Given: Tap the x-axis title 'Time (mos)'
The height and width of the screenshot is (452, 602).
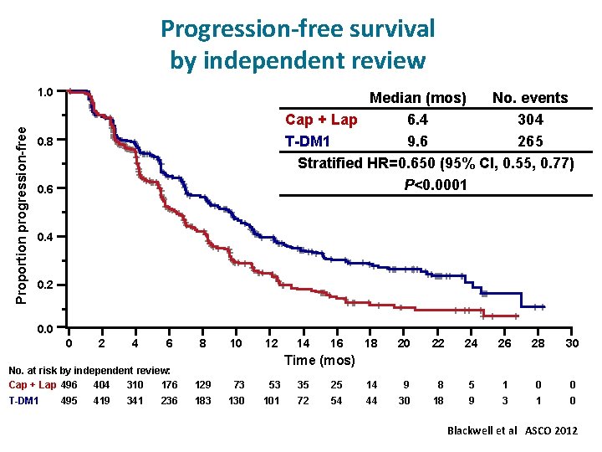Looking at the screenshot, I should [x=319, y=360].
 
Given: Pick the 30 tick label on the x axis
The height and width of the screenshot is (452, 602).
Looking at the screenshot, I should [x=572, y=343].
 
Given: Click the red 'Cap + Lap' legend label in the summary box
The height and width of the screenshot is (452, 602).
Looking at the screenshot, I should [x=321, y=120].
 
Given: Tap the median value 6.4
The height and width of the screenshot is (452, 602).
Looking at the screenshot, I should [x=417, y=120].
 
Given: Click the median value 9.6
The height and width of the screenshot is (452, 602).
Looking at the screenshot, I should [x=417, y=141].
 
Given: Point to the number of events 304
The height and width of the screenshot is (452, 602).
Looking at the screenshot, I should [x=529, y=120].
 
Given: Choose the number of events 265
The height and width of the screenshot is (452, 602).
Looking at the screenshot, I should [x=529, y=141].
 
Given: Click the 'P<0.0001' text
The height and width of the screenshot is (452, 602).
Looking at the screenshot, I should [x=435, y=183].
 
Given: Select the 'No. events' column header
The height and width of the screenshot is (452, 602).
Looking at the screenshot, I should [x=529, y=99].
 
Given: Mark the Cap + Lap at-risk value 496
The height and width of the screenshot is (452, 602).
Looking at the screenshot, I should [x=70, y=385].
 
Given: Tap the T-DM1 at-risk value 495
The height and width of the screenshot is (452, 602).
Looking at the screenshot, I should [x=70, y=401].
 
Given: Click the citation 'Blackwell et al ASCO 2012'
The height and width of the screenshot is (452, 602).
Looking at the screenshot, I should [x=513, y=430].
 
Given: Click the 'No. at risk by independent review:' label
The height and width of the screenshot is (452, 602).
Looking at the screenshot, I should [x=89, y=370].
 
